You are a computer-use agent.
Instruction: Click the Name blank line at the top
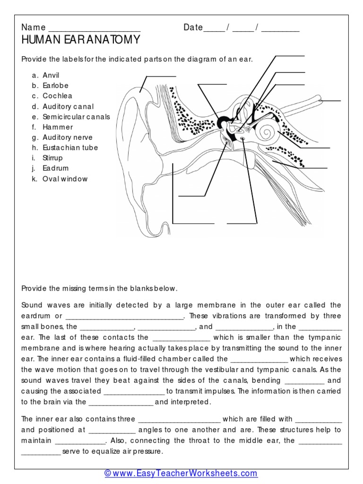[x=94, y=28]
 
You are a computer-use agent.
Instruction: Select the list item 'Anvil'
[x=51, y=75]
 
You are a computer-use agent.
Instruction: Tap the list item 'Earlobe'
[x=55, y=86]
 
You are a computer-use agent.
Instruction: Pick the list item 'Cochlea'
[x=57, y=96]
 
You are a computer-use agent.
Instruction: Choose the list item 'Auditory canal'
[x=68, y=106]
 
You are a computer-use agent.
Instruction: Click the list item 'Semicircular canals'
[x=76, y=117]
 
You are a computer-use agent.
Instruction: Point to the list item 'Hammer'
[x=58, y=127]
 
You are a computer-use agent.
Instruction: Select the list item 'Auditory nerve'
[x=68, y=138]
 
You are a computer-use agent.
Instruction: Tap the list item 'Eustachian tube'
[x=70, y=147]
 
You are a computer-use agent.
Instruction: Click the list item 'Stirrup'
[x=52, y=158]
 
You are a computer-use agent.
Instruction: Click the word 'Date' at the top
[x=193, y=27]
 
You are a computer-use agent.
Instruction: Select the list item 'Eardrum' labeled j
[x=55, y=168]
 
